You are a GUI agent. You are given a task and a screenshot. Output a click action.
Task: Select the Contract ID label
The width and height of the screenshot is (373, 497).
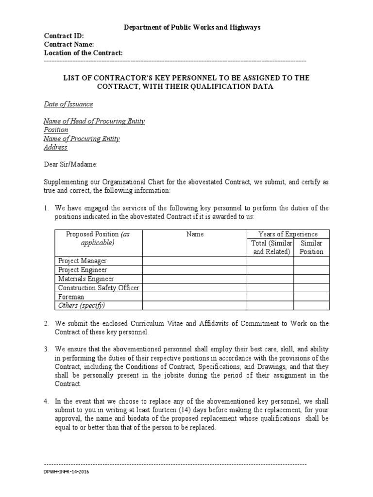pyautogui.click(x=64, y=36)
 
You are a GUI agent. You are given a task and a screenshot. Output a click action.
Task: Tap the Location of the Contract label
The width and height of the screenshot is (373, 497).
pyautogui.click(x=83, y=52)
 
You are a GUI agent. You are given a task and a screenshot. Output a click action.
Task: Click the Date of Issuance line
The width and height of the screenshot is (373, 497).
pyautogui.click(x=68, y=104)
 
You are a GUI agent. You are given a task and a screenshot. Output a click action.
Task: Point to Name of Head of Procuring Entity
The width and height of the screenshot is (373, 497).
pyautogui.click(x=94, y=121)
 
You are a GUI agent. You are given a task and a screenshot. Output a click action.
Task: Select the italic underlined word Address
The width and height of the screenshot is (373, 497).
pyautogui.click(x=56, y=148)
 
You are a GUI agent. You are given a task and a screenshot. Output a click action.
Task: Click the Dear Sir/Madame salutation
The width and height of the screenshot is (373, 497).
pyautogui.click(x=71, y=165)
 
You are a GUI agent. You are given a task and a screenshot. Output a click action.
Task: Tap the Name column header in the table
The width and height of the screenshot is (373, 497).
pyautogui.click(x=195, y=234)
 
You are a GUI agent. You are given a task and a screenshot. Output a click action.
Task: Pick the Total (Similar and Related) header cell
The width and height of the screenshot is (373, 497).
pyautogui.click(x=271, y=247)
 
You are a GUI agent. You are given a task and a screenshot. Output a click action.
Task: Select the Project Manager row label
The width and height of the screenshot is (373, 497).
pyautogui.click(x=83, y=261)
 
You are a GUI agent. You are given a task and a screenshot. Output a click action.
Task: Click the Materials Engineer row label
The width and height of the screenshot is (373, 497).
pyautogui.click(x=86, y=279)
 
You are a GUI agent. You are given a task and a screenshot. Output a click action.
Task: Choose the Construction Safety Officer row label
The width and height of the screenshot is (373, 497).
pyautogui.click(x=99, y=288)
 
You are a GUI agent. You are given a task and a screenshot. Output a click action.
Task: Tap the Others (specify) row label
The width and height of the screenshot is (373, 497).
pyautogui.click(x=82, y=306)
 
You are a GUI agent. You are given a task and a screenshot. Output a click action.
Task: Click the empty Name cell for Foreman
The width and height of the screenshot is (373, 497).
pyautogui.click(x=195, y=297)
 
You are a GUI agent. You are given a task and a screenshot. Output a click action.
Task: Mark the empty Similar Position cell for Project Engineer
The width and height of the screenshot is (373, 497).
pyautogui.click(x=311, y=270)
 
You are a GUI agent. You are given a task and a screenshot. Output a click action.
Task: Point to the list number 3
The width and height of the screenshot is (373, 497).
pyautogui.click(x=46, y=349)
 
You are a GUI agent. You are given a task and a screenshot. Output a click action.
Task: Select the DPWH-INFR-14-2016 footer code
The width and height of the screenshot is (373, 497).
pyautogui.click(x=67, y=472)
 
